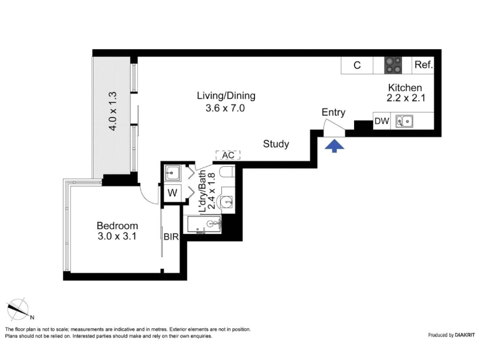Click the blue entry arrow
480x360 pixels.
(334, 146)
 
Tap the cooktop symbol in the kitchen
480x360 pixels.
(393, 65)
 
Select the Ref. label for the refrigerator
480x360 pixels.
(424, 65)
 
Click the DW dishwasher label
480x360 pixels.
(382, 121)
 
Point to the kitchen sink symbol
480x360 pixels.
(404, 121)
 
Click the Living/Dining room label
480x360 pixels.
(226, 96)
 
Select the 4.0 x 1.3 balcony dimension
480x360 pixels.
(113, 111)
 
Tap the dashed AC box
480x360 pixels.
(228, 155)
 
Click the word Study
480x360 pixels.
(276, 144)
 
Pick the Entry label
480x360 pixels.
(334, 112)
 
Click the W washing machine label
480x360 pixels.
(172, 193)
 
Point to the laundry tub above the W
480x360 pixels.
(173, 173)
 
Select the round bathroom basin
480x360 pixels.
(226, 202)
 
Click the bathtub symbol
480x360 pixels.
(203, 224)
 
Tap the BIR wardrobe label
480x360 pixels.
(171, 236)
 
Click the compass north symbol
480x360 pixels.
(19, 309)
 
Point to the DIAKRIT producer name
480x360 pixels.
(465, 335)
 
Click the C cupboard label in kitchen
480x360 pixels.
(357, 65)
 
